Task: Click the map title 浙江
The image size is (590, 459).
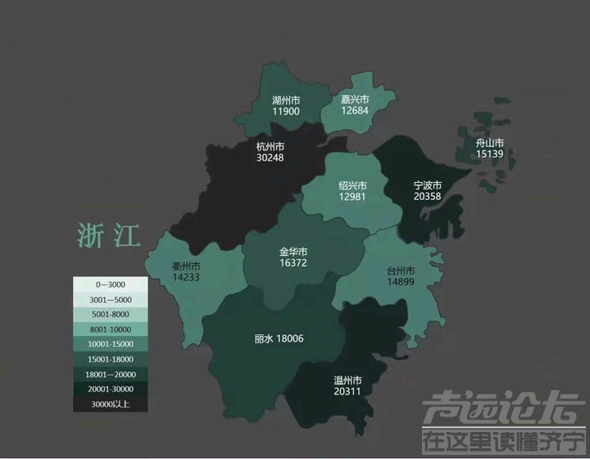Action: pyautogui.click(x=108, y=234)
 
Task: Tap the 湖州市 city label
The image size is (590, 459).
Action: pyautogui.click(x=286, y=100)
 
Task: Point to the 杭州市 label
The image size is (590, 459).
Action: pyautogui.click(x=269, y=146)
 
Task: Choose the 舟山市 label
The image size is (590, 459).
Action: pyautogui.click(x=489, y=142)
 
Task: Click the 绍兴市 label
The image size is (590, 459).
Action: pyautogui.click(x=352, y=185)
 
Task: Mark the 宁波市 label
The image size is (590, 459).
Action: pyautogui.click(x=427, y=185)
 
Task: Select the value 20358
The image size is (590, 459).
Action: pyautogui.click(x=427, y=197)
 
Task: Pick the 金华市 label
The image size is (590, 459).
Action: pyautogui.click(x=293, y=251)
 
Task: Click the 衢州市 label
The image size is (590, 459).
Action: pyautogui.click(x=186, y=266)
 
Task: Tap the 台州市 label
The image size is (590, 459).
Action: pyautogui.click(x=401, y=270)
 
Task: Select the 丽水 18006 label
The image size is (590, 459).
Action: pyautogui.click(x=279, y=338)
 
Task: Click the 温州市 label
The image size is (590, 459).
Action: pyautogui.click(x=347, y=379)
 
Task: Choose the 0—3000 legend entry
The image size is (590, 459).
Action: pyautogui.click(x=110, y=284)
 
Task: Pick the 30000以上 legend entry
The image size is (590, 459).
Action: pyautogui.click(x=110, y=403)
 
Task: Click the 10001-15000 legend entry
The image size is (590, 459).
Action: pyautogui.click(x=110, y=343)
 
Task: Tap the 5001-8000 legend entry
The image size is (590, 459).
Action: pyautogui.click(x=110, y=314)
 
